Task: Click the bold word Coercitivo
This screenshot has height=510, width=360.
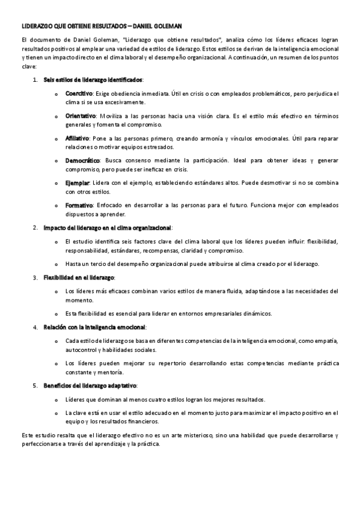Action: pyautogui.click(x=79, y=94)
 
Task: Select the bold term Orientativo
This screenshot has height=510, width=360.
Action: pyautogui.click(x=81, y=116)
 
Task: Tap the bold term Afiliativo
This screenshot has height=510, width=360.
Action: pyautogui.click(x=78, y=138)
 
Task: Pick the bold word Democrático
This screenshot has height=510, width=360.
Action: pyautogui.click(x=82, y=161)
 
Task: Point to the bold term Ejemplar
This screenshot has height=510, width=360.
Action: pyautogui.click(x=77, y=183)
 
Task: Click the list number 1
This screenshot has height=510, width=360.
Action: pyautogui.click(x=35, y=80)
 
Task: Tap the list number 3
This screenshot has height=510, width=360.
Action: pyautogui.click(x=35, y=278)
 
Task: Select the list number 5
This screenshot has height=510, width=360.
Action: pyautogui.click(x=35, y=385)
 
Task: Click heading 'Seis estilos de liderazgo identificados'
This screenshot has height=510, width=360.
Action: pyautogui.click(x=93, y=80)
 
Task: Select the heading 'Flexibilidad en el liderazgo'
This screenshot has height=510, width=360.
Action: pyautogui.click(x=79, y=278)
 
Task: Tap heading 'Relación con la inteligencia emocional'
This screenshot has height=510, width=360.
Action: pyautogui.click(x=94, y=327)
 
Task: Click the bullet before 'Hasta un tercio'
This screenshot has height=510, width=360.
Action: pyautogui.click(x=56, y=264)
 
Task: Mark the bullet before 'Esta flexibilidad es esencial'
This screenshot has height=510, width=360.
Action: pyautogui.click(x=56, y=313)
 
